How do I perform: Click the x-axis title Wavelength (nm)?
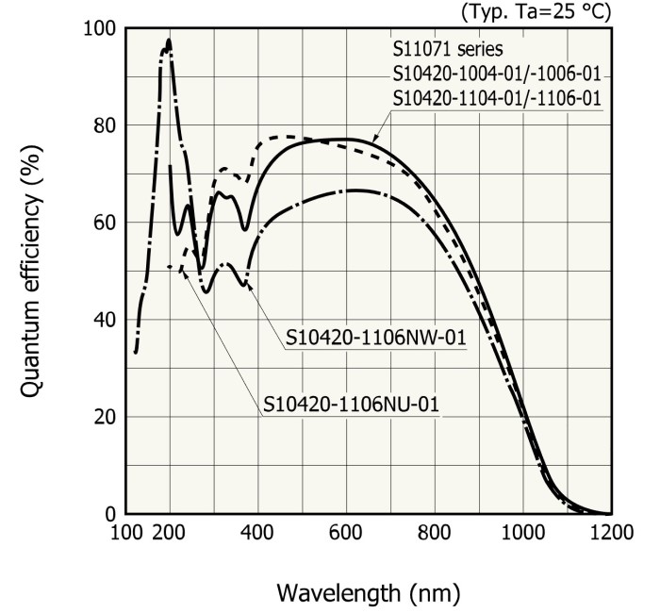point(369,594)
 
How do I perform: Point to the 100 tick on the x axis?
point(125,533)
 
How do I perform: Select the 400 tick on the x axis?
point(257,533)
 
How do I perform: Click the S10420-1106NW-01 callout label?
point(378,338)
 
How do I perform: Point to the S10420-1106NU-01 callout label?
point(354,406)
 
